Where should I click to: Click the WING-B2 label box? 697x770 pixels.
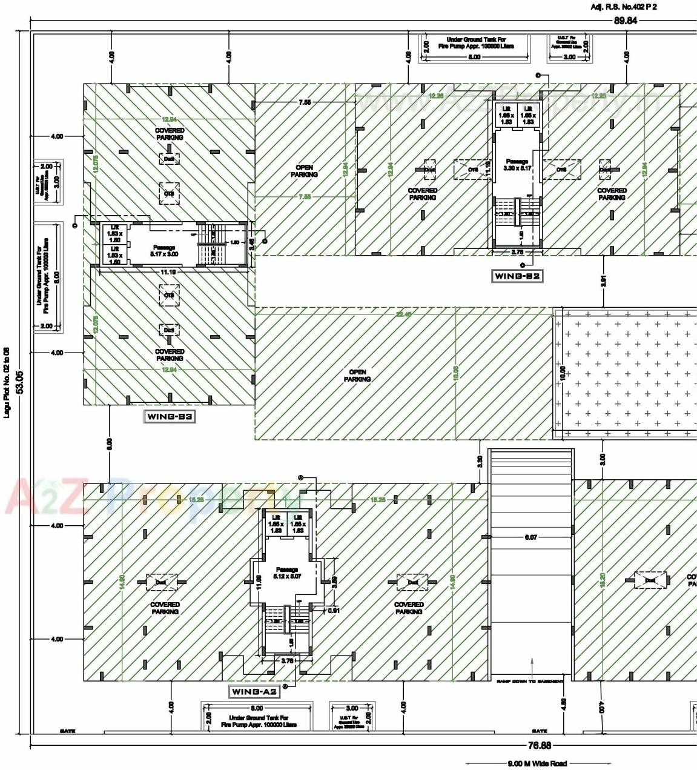click(517, 276)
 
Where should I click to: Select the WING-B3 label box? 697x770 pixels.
click(170, 416)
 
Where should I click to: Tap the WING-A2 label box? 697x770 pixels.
click(254, 691)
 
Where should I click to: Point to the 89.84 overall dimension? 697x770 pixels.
click(626, 20)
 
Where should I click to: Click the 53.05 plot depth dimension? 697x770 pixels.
click(20, 381)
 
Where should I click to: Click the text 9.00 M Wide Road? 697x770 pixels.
click(537, 763)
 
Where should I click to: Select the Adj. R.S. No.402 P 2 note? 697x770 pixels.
click(623, 7)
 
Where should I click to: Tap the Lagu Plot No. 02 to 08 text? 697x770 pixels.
click(7, 382)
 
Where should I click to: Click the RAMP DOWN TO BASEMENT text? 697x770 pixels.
click(530, 682)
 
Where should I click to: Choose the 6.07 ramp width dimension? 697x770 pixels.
click(530, 537)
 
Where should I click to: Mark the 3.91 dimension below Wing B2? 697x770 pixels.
click(603, 280)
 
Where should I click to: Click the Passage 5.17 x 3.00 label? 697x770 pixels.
click(164, 251)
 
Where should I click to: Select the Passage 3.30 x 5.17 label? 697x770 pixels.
click(517, 165)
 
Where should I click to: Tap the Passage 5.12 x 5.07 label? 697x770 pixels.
click(287, 573)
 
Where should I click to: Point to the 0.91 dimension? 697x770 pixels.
click(334, 610)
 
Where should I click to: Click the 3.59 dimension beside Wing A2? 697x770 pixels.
click(334, 582)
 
